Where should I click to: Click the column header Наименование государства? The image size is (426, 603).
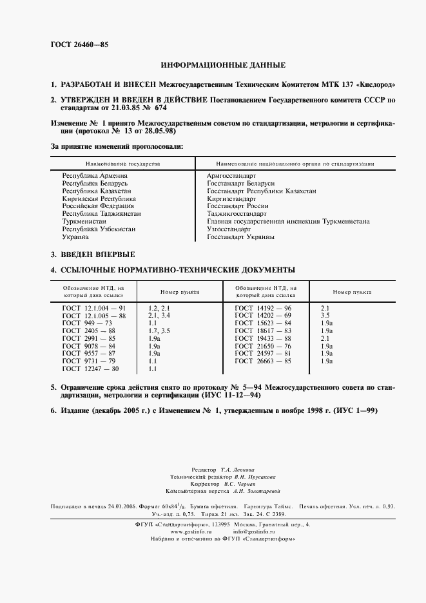tap(121, 164)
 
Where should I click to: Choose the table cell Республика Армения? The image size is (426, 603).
tap(94, 175)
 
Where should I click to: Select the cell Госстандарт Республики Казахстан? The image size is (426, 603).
tap(261, 191)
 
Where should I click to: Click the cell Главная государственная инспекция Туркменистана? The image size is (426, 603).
tap(287, 221)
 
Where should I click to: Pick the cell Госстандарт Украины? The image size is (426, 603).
tap(240, 236)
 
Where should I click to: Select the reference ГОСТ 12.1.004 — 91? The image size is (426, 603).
tap(93, 308)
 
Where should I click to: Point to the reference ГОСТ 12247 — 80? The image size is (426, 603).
tap(90, 369)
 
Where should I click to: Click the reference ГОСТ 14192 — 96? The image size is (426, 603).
tap(263, 308)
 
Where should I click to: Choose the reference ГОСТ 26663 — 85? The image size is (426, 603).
tap(263, 361)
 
